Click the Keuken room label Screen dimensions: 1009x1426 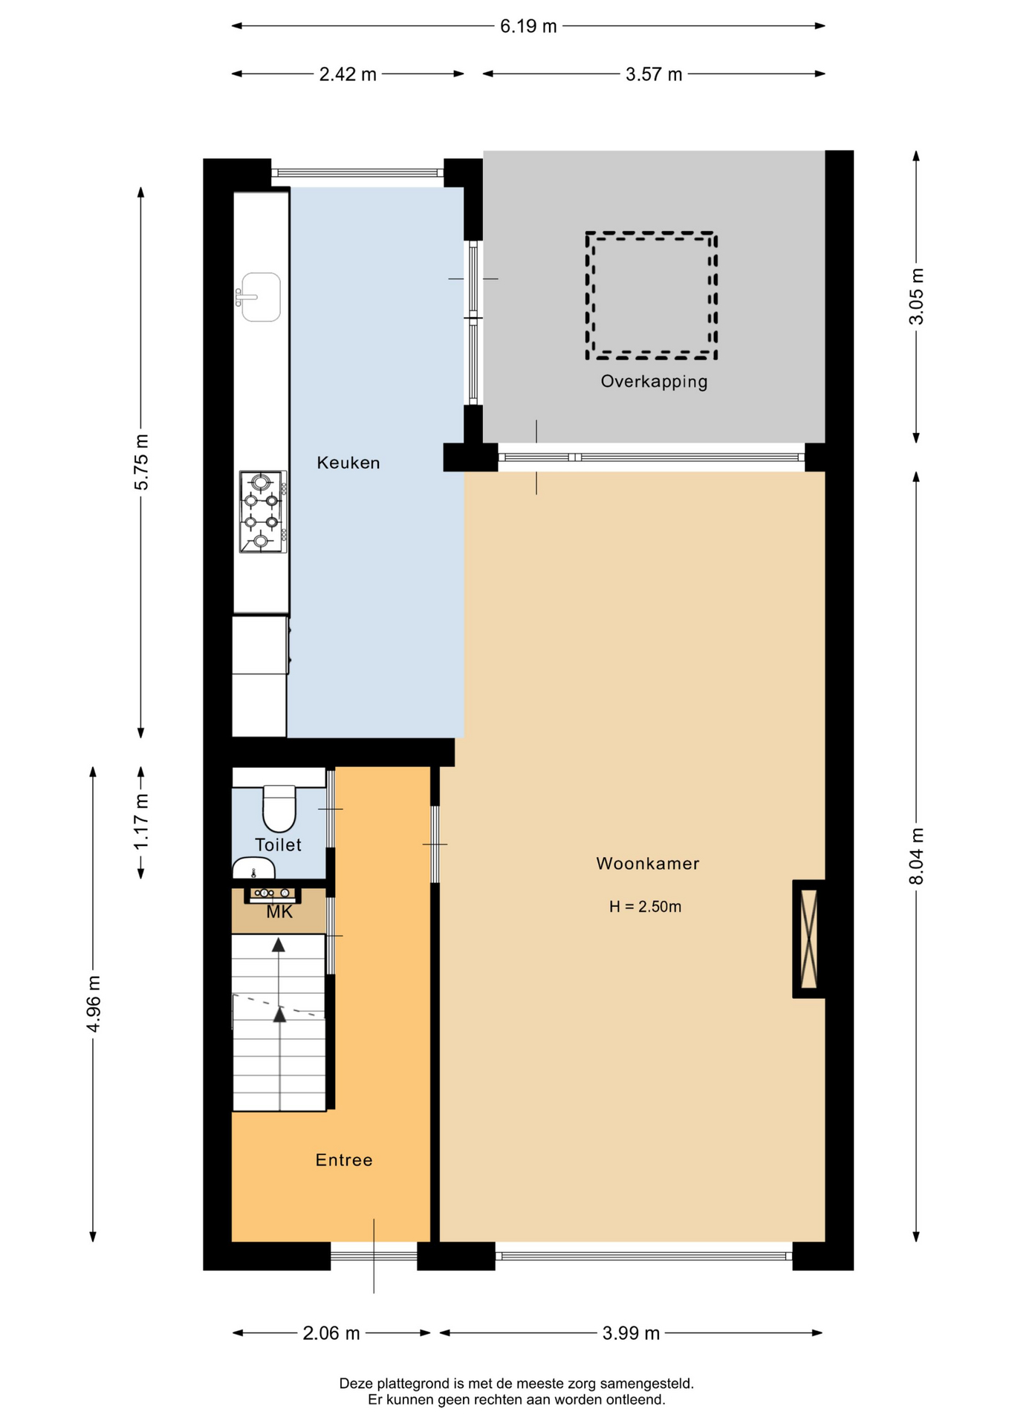[x=348, y=463]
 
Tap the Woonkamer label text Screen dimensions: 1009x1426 [x=647, y=863]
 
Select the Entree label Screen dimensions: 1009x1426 [x=343, y=1159]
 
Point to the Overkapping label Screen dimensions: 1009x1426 [x=654, y=381]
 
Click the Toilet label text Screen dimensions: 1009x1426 [x=278, y=844]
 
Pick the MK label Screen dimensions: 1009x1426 [x=279, y=912]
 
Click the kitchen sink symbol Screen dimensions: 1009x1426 [x=259, y=297]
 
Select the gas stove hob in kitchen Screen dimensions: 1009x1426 [x=263, y=512]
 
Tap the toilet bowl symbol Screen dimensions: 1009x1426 [x=279, y=809]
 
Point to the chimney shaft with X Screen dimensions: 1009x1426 [x=808, y=939]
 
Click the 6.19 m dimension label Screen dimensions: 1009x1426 [x=528, y=26]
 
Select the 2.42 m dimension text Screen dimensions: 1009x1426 [x=348, y=74]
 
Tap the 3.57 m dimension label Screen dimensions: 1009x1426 [x=654, y=74]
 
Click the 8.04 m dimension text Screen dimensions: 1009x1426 [x=917, y=856]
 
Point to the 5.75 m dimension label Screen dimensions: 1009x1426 [x=141, y=462]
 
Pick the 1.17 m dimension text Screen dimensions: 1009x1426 [x=141, y=822]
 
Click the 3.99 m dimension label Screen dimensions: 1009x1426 [x=631, y=1333]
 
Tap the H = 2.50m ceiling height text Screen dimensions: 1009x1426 [x=645, y=907]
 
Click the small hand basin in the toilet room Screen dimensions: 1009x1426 [x=253, y=868]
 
